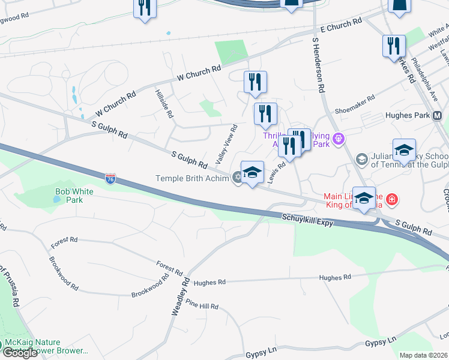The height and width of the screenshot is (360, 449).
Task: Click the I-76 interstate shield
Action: click(x=110, y=179)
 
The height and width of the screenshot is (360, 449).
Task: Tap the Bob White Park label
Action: click(x=68, y=196)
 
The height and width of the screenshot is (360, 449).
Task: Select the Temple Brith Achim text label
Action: click(x=192, y=178)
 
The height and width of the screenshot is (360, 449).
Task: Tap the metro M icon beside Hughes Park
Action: click(x=437, y=115)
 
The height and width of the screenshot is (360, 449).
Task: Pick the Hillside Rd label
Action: click(x=164, y=104)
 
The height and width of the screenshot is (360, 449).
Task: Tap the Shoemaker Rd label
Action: click(x=354, y=103)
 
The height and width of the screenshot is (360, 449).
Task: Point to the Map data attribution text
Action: click(x=424, y=355)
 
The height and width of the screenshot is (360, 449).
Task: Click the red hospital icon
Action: click(x=391, y=199)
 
